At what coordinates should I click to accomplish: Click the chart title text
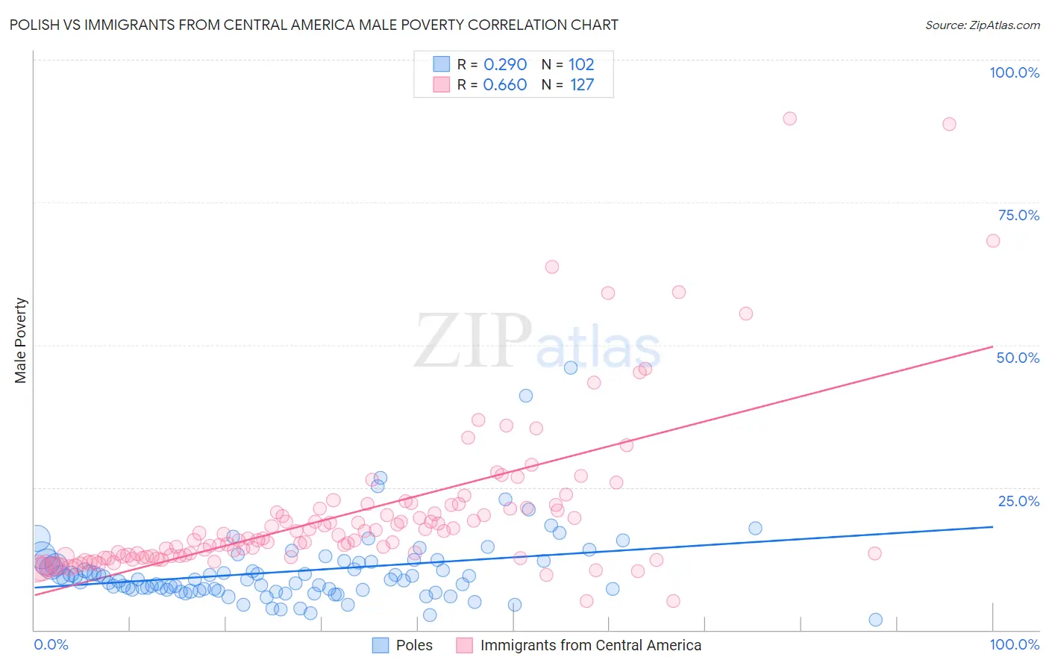click(x=313, y=25)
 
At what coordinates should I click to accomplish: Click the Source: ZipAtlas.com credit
click(x=982, y=25)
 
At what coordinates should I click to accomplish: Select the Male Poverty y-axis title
click(x=21, y=340)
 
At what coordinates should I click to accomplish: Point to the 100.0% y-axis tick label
click(x=1014, y=72)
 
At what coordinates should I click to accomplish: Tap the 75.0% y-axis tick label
click(x=1018, y=215)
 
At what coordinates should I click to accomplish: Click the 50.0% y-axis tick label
click(x=1018, y=358)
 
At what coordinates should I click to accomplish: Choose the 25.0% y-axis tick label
click(x=1018, y=501)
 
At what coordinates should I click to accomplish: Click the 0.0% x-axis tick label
click(x=51, y=644)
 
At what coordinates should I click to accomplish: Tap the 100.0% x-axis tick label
click(x=1014, y=644)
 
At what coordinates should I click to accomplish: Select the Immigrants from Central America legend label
click(x=590, y=645)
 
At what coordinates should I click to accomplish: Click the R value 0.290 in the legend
click(x=505, y=64)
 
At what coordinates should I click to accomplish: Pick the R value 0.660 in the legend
click(x=505, y=84)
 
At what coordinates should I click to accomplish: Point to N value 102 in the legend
click(x=581, y=64)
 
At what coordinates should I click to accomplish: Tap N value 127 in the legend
click(x=582, y=84)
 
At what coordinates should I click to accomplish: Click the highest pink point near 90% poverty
click(x=789, y=119)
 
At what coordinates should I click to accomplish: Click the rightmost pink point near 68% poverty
click(x=992, y=240)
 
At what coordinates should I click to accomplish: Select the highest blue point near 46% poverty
click(x=571, y=367)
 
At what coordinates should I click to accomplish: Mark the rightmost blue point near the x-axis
click(x=876, y=620)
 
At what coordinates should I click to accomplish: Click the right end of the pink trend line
click(x=992, y=346)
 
